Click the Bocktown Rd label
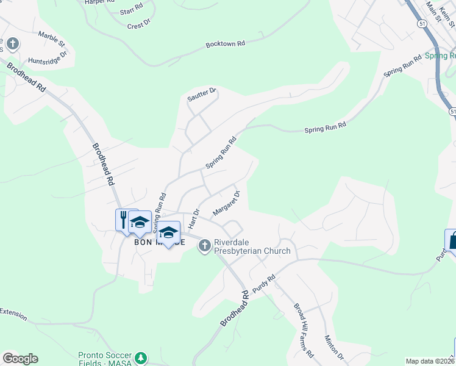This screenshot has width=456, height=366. pos(225,44)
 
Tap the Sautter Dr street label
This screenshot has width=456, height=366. pos(202,95)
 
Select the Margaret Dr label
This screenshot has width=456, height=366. pos(227,203)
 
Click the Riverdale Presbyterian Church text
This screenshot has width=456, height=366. pos(252,246)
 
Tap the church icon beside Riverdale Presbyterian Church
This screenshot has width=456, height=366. pos(204,246)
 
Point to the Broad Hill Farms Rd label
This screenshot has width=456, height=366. pos(304,330)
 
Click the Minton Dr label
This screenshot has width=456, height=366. pos(335,348)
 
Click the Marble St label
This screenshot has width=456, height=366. pos(51,39)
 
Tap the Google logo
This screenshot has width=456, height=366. pos(20,359)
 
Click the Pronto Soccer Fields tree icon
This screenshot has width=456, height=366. pos(141,357)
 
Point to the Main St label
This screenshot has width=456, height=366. pos(434,10)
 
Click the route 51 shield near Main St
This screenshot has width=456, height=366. pos(422,23)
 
